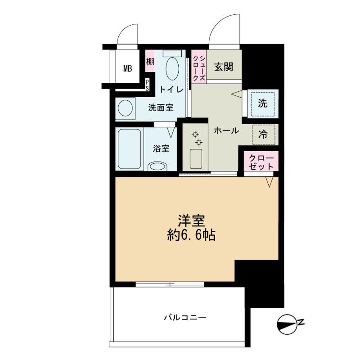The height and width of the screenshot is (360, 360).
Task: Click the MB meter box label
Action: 128,68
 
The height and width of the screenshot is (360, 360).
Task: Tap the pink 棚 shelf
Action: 150,61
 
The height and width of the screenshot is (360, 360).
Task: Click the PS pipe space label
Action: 147,85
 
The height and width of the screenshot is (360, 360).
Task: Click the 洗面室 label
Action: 161,108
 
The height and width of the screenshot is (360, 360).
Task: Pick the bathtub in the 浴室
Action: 130,149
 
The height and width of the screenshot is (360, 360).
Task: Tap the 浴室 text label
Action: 161,148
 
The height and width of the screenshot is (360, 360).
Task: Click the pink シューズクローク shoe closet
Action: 199,67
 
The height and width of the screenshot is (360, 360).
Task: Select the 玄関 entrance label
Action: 224,67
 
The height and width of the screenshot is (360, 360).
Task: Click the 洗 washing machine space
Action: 263,103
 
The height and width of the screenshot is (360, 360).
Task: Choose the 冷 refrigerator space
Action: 263,135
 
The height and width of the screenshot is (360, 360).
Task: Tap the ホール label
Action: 226,130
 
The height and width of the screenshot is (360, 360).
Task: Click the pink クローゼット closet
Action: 261,161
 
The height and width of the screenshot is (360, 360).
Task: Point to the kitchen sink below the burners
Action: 196,159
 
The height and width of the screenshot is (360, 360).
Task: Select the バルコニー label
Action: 185,318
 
